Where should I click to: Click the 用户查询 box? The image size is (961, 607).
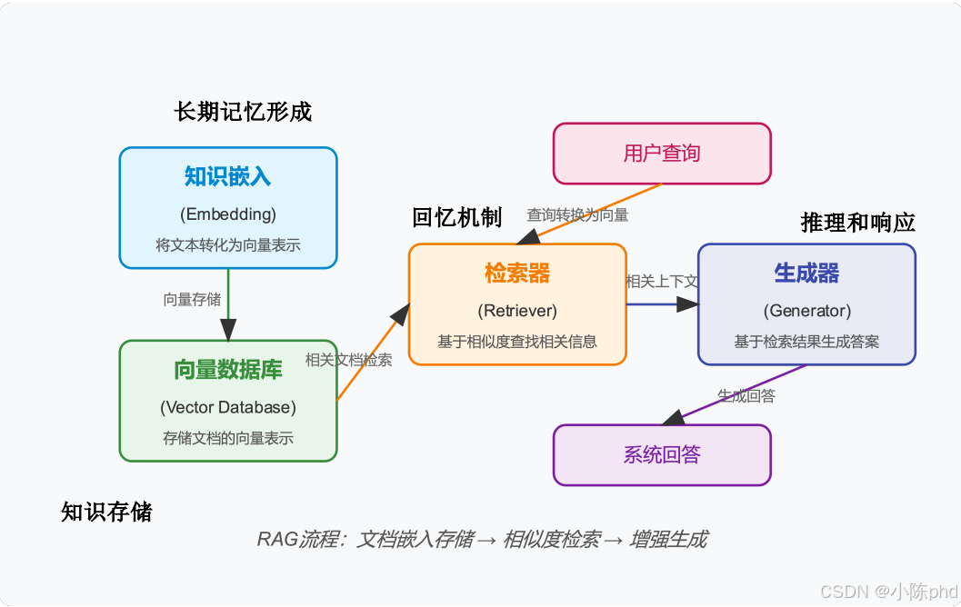pos(662,154)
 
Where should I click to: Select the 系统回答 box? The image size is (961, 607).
pos(662,454)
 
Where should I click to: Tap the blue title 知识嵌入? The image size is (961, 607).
pos(228,176)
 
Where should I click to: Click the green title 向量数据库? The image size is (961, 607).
pos(228,370)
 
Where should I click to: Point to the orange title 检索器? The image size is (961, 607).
pos(517,273)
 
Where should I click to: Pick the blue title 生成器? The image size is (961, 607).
pos(806,273)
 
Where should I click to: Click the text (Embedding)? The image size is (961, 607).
pos(228,214)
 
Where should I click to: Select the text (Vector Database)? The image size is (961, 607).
pos(228,407)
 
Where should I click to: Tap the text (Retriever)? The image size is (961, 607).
pos(517,311)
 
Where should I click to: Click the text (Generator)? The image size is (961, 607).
pos(806,311)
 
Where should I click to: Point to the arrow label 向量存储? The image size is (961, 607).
pos(192,300)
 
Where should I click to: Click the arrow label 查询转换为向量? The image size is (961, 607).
pos(577,215)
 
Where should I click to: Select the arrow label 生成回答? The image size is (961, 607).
pos(746,395)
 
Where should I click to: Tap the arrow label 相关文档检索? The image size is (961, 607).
pos(349,360)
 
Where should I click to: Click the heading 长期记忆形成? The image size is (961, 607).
pos(243,112)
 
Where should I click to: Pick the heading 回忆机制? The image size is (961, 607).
pos(456,217)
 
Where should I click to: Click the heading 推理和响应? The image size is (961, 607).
pos(857,223)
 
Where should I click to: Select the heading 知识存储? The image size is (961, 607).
pos(106,512)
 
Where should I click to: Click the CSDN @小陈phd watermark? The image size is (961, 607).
pos(888,592)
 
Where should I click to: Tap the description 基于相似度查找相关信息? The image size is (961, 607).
pos(517,342)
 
